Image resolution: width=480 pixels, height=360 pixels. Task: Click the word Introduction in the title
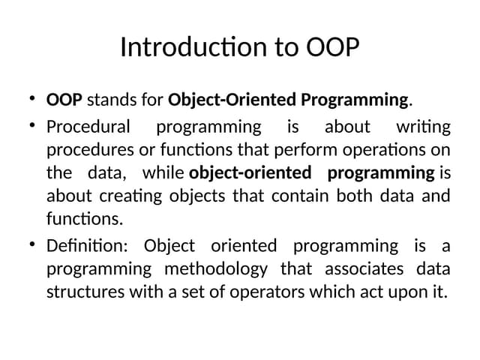point(184,47)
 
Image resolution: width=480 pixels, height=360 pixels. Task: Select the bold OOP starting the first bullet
point(64,100)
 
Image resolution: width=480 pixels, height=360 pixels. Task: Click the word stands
point(110,100)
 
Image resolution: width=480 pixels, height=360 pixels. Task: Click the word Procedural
point(88,126)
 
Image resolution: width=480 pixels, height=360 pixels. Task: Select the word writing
point(424,126)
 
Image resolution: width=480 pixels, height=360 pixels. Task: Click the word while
point(163,173)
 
